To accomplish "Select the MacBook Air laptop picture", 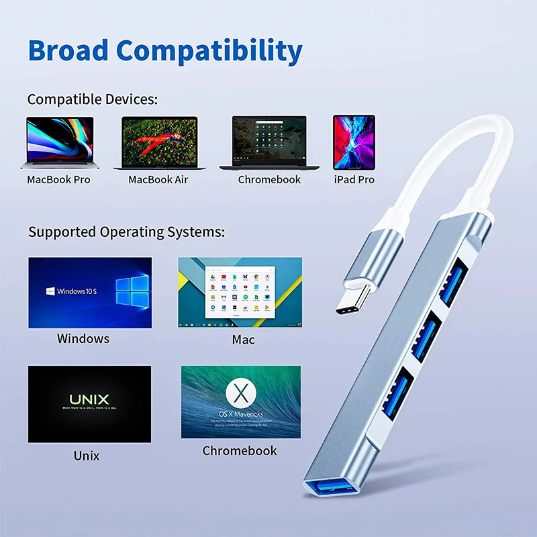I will click(159, 143).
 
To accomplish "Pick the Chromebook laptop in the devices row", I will click(268, 142).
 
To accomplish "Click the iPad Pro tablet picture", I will click(354, 142).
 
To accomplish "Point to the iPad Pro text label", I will click(354, 180).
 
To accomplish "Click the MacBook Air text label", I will click(158, 180).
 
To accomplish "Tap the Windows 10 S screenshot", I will click(90, 293).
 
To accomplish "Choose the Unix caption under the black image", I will click(87, 456).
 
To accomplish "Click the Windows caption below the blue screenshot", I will click(83, 338).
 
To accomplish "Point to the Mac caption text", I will click(243, 340).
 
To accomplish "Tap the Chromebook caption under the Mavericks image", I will click(240, 451).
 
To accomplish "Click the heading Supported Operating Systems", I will click(126, 233).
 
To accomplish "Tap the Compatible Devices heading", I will click(93, 99).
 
